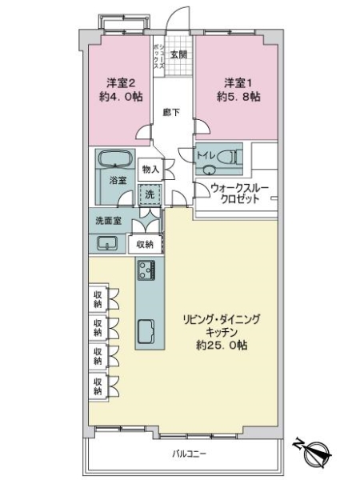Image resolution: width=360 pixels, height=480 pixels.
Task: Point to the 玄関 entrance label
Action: [x=178, y=54]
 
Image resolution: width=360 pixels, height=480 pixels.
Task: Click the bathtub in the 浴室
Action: [x=118, y=159]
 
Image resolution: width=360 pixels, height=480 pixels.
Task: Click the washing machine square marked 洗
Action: [x=150, y=194]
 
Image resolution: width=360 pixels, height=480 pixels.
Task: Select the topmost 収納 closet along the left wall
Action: [x=97, y=300]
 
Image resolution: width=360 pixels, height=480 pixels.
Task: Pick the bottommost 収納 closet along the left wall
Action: [x=97, y=386]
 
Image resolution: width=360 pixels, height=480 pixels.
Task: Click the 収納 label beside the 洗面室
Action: [x=144, y=244]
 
